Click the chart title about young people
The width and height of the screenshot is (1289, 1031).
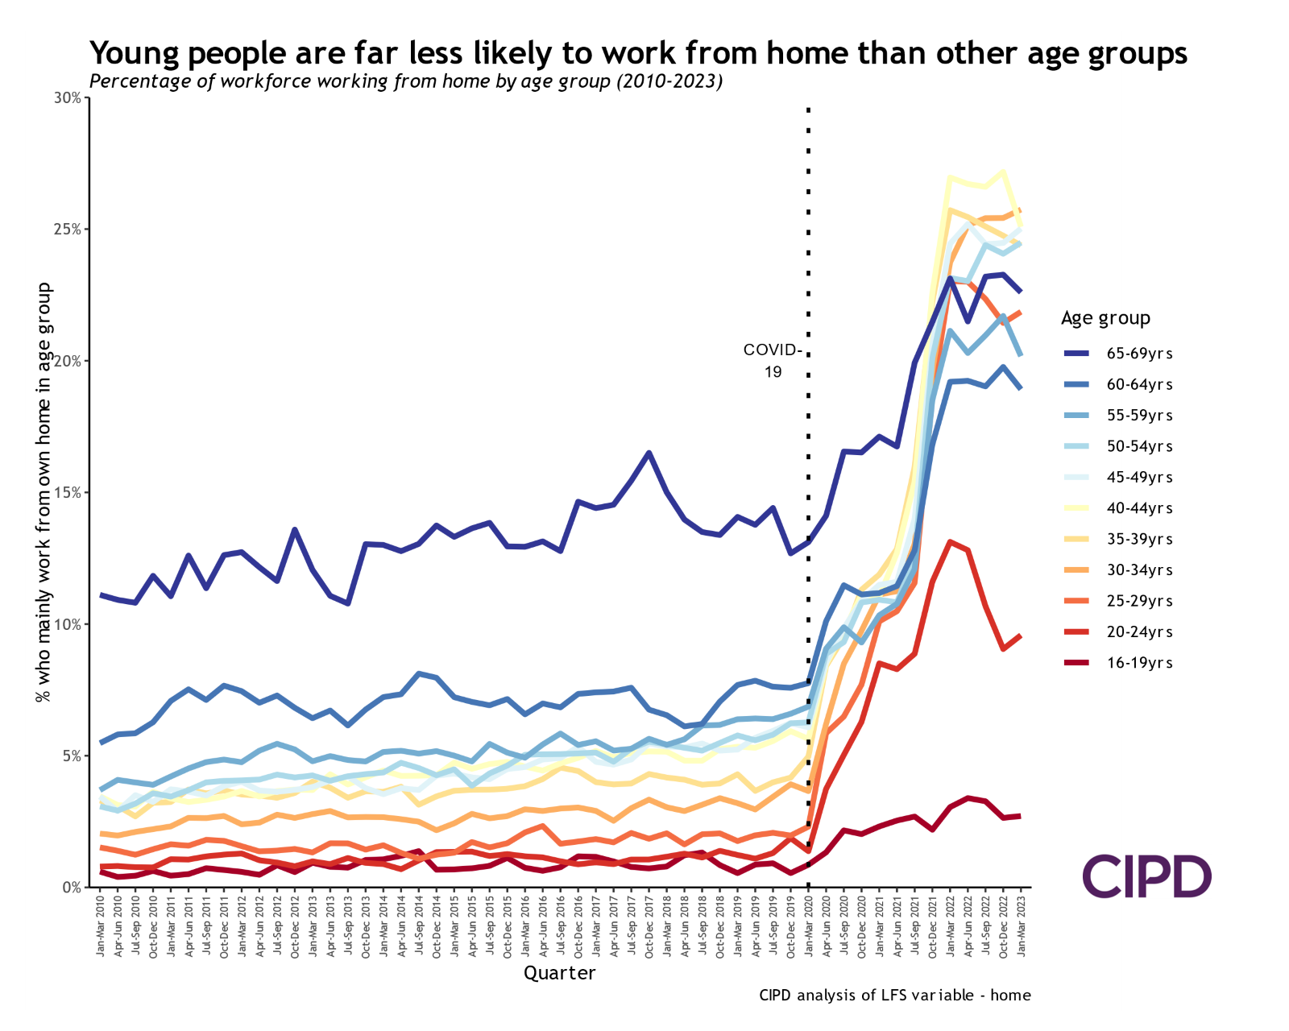604,53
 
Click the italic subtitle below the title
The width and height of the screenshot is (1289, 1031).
406,81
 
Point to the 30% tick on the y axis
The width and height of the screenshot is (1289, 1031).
68,98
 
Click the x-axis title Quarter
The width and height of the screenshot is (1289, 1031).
559,973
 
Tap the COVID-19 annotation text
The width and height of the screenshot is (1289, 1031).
773,361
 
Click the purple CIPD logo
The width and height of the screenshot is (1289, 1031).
1146,876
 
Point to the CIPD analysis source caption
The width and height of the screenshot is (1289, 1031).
894,995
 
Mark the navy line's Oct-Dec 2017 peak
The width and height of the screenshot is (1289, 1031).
649,453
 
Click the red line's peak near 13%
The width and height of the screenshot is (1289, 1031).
951,542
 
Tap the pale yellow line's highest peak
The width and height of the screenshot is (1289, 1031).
1003,172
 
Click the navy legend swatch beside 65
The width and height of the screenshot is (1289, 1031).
1077,354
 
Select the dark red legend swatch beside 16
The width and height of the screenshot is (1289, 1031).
1077,663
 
